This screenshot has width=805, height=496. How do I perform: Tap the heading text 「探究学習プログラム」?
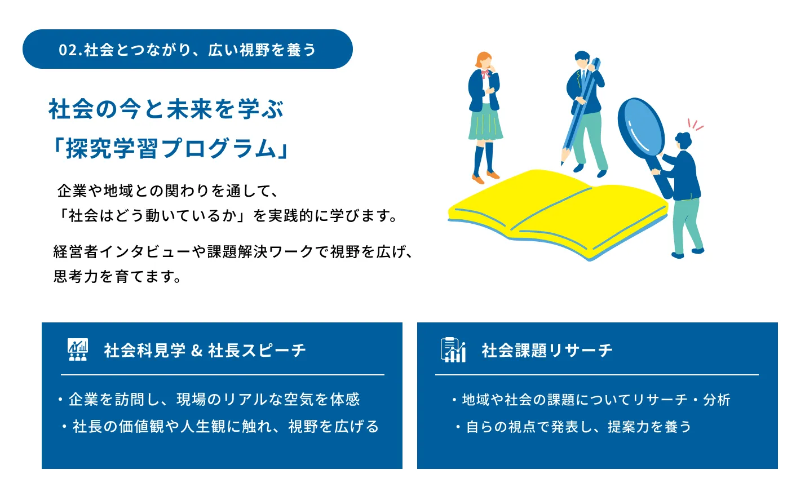[169, 148]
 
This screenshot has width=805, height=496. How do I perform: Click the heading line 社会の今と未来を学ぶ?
[166, 109]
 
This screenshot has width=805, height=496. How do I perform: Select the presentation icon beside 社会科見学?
[78, 349]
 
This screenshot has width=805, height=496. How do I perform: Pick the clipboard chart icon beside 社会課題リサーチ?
[453, 349]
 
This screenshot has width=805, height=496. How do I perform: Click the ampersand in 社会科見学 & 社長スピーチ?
[197, 351]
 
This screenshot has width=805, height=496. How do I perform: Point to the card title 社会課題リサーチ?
[547, 351]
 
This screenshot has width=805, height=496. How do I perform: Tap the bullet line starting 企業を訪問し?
[209, 399]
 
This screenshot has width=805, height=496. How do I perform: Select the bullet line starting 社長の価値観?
[220, 427]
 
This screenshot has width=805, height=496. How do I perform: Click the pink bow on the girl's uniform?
[485, 74]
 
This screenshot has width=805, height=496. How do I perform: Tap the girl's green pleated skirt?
[485, 122]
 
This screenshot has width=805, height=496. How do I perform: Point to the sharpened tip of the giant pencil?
[563, 163]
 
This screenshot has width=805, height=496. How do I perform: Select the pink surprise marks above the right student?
[696, 125]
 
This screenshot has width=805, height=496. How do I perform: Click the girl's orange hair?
[483, 59]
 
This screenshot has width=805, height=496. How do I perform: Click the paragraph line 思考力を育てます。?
[117, 276]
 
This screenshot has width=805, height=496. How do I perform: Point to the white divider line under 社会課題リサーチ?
[597, 375]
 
